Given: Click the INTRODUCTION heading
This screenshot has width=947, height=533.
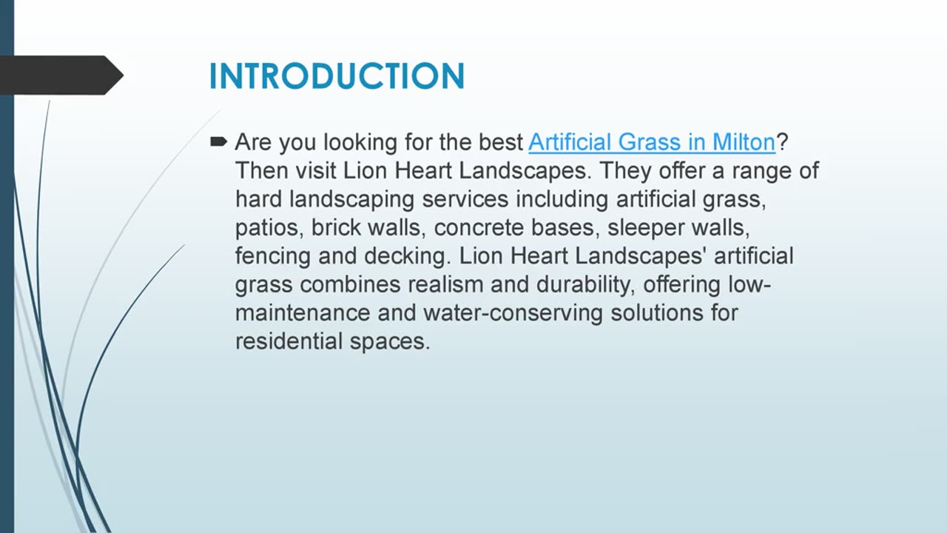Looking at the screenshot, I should (337, 76).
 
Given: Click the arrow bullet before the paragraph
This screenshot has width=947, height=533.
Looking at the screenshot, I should (218, 141).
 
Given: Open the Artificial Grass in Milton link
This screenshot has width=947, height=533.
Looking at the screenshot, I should (651, 141).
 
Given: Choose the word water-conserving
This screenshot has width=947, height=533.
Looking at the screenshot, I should (513, 313).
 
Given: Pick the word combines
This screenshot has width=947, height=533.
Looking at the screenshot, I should (347, 285).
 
